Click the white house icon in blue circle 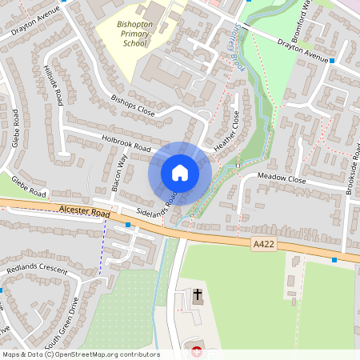tap(180, 173)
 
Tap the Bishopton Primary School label tap(133, 35)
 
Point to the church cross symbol tap(198, 296)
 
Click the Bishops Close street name tap(133, 107)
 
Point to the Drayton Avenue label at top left tap(36, 24)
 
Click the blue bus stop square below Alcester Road tap(128, 226)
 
